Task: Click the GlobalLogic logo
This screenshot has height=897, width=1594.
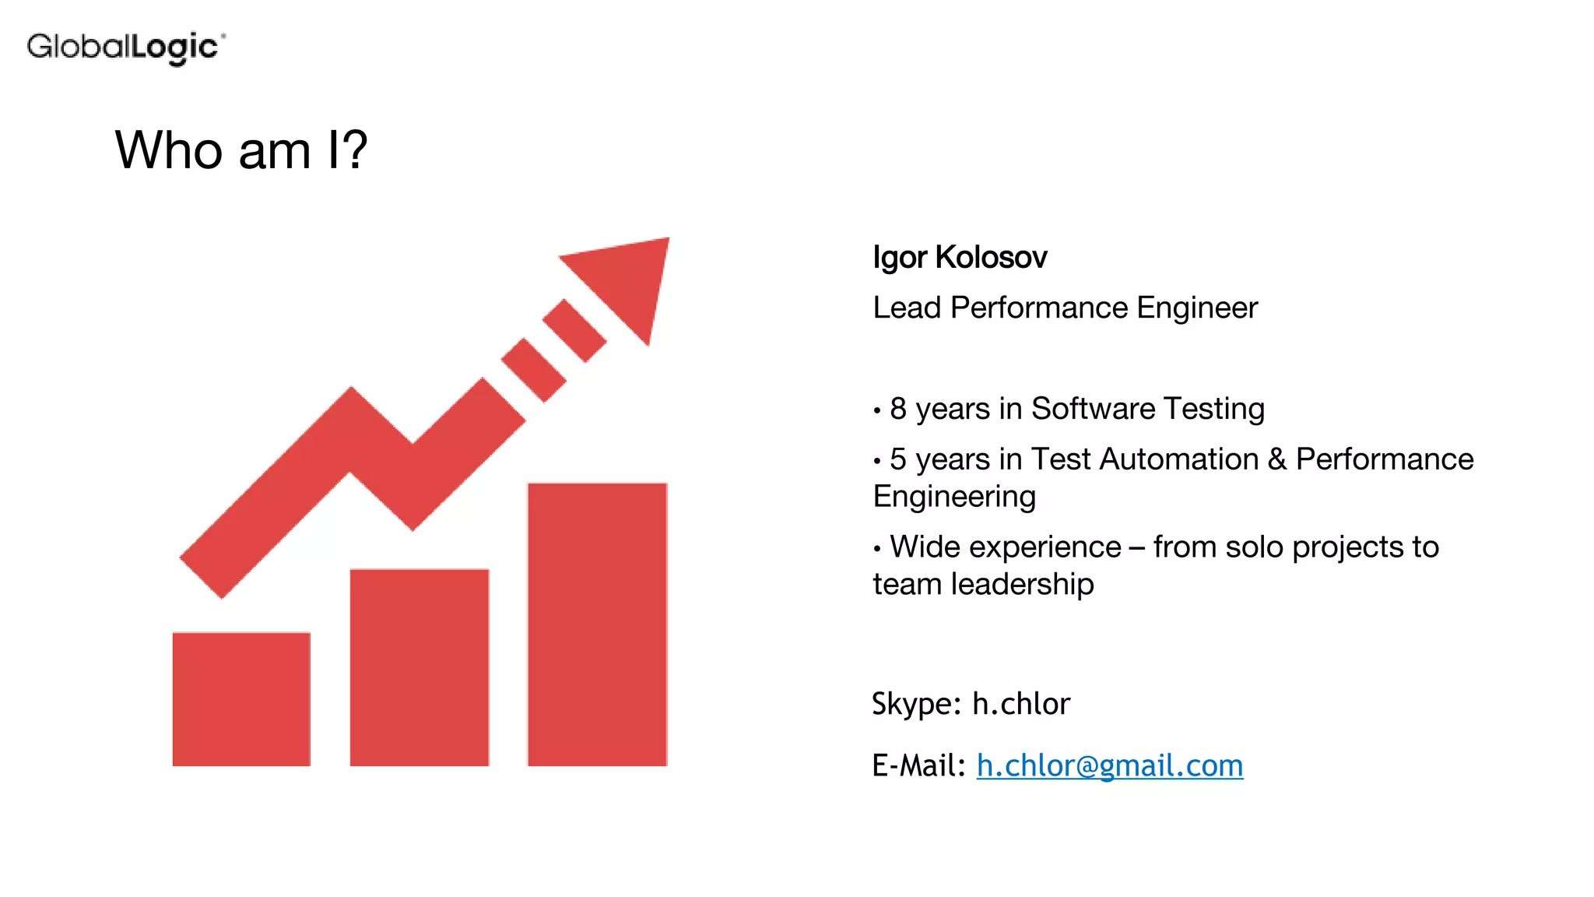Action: coord(126,47)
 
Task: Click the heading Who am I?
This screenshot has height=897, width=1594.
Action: coord(241,149)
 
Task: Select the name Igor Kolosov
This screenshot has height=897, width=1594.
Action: coord(960,257)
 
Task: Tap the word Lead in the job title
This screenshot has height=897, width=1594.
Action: coord(907,308)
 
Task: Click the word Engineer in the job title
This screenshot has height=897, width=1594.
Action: coord(1197,308)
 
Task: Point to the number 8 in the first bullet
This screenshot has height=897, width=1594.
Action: coord(898,409)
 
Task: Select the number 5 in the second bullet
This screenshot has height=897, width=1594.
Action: coord(898,459)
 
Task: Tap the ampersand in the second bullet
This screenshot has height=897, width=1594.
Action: coord(1277,459)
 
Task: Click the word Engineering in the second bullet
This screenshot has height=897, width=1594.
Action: coord(954,497)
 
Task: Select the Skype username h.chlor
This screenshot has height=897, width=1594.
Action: coord(1021,704)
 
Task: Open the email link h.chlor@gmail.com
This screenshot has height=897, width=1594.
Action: coord(1110,765)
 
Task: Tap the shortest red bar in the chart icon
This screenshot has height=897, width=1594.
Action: coord(241,698)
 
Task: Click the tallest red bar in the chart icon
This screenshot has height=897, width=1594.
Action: coord(597,624)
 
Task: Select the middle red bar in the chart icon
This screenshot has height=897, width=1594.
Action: coord(420,667)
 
